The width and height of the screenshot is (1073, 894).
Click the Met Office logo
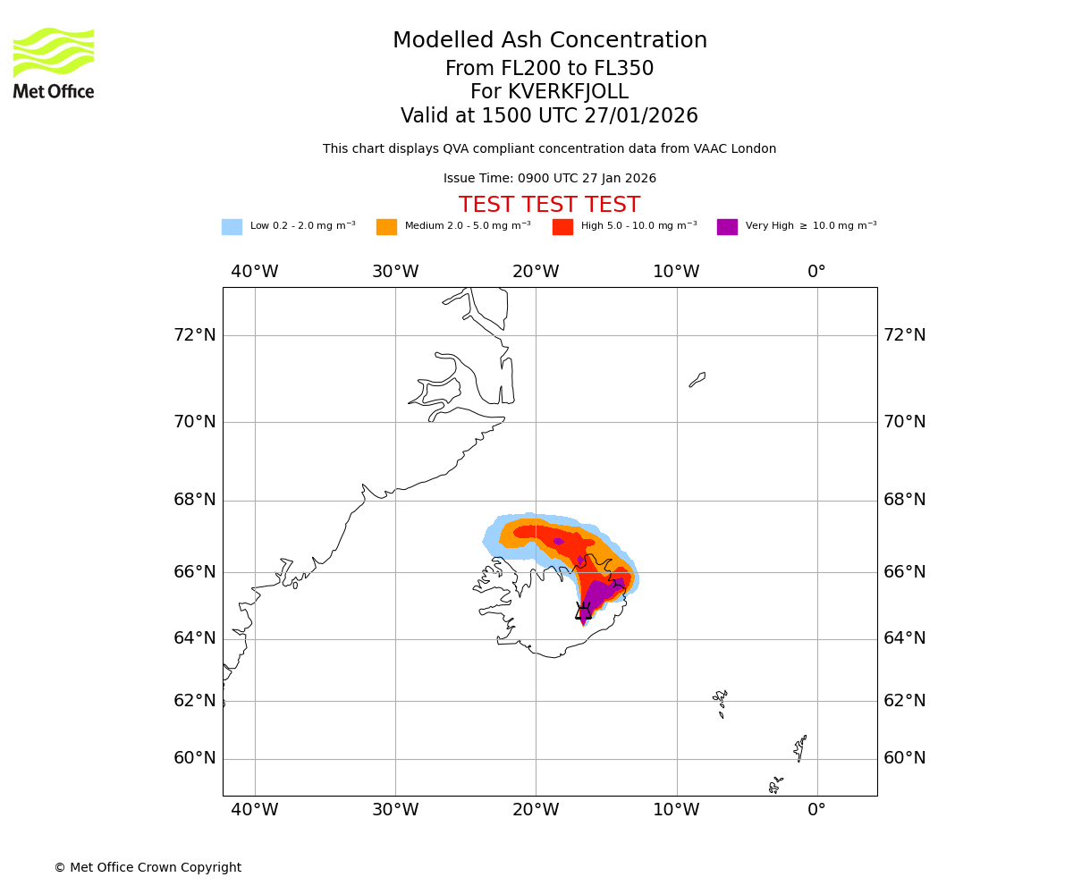click(54, 63)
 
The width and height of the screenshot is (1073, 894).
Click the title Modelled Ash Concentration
click(550, 41)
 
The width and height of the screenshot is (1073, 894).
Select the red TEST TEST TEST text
click(549, 206)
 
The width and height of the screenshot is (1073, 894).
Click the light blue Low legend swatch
click(232, 227)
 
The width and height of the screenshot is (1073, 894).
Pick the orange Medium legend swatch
click(386, 227)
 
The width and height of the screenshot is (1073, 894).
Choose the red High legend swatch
click(562, 227)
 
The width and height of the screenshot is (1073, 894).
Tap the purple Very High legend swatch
click(727, 227)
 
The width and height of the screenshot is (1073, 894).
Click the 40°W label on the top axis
click(255, 272)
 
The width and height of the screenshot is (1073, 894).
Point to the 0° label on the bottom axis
click(816, 810)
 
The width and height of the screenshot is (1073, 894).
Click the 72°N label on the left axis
click(195, 335)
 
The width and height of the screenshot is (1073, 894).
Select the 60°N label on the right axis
click(905, 758)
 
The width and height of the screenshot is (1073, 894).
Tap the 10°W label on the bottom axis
click(676, 810)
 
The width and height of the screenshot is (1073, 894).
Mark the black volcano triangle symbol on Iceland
click(583, 611)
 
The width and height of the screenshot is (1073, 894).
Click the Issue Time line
click(550, 179)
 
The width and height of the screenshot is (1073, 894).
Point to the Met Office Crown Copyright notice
click(148, 868)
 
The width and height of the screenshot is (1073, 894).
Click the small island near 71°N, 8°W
click(697, 380)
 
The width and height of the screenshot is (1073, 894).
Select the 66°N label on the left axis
click(195, 572)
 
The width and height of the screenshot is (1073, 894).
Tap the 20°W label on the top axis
click(536, 272)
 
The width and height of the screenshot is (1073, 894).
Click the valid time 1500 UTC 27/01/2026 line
click(550, 116)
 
